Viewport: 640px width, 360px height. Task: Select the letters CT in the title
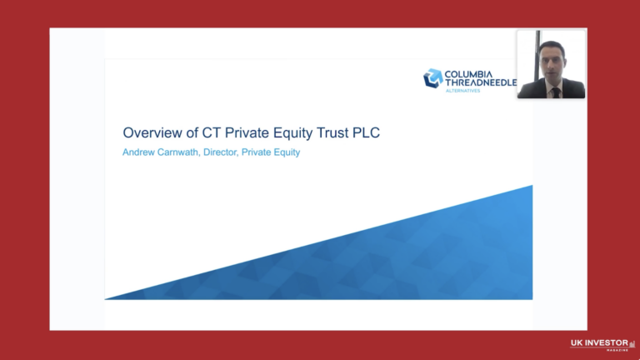pos(201,132)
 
